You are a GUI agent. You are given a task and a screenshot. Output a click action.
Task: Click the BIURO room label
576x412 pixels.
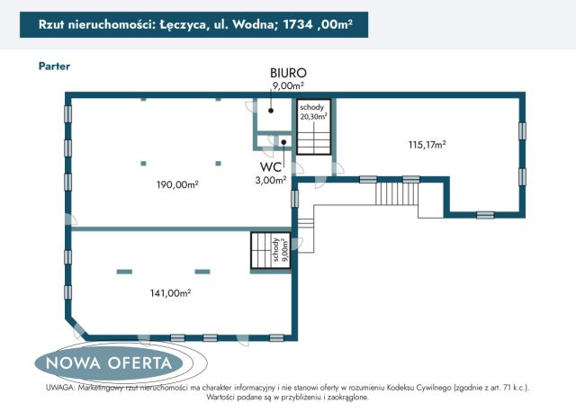tap(288, 72)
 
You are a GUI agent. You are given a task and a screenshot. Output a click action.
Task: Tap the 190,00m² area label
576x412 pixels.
tap(176, 184)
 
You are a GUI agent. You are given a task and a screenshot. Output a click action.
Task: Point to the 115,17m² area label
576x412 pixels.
tap(427, 144)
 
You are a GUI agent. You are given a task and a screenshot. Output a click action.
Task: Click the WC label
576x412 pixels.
tap(273, 167)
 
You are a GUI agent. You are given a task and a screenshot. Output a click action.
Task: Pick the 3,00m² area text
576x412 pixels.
tap(270, 180)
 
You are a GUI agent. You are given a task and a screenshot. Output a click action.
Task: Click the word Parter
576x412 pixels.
tap(55, 66)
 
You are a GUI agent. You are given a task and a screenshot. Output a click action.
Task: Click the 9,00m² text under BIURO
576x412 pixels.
tap(288, 85)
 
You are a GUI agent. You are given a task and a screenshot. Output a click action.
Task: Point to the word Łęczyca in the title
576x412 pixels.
tap(181, 26)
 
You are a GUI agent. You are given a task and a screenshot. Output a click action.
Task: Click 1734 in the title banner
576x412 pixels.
tap(297, 26)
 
